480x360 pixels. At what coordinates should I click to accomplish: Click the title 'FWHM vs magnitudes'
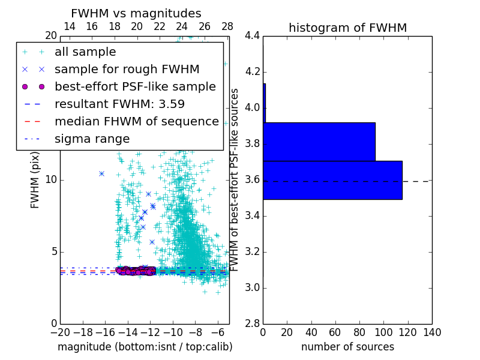point(136,13)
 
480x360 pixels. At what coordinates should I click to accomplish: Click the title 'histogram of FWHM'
point(347,28)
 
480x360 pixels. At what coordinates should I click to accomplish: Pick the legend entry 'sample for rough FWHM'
point(127,69)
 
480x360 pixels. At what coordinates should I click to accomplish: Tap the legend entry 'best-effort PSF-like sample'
point(135,86)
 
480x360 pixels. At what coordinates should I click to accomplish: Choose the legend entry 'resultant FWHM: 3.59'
point(119,104)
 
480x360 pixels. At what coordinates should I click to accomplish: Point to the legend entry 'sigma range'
point(92,139)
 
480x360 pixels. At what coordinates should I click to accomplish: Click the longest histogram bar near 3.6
point(332,180)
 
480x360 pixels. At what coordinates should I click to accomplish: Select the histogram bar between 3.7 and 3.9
point(319,142)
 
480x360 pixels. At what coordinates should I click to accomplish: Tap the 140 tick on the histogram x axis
point(432,332)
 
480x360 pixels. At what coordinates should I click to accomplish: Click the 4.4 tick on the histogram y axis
point(252,36)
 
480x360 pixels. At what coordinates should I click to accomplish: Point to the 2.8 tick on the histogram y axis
point(252,323)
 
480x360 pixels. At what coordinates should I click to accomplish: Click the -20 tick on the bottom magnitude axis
point(60,332)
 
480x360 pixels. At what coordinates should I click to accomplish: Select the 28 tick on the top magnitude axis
point(227,26)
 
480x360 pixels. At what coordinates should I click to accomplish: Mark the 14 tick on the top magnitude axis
point(69,26)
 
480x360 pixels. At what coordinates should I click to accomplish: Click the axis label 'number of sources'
point(347,347)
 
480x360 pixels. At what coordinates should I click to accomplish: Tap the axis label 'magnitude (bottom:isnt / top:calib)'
point(145,347)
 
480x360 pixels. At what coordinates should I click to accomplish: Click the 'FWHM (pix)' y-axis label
point(35,181)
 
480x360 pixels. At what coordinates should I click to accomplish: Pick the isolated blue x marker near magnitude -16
point(101,173)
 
